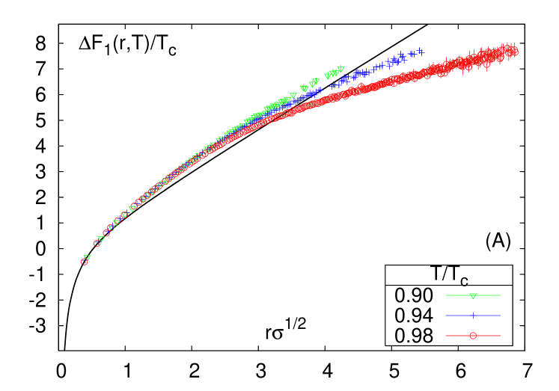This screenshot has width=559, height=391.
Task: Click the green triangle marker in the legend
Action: coord(473,296)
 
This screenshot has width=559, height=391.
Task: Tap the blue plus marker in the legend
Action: coord(473,315)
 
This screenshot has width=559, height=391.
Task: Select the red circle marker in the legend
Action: coord(473,336)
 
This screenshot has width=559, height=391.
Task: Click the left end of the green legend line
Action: coord(446,295)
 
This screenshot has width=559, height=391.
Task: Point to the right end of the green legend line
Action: coord(500,295)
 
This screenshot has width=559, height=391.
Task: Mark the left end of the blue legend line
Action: coord(446,315)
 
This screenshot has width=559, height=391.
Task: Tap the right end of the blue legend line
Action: coord(500,315)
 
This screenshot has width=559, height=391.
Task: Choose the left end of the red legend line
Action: coord(446,336)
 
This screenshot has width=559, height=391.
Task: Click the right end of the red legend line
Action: coord(500,336)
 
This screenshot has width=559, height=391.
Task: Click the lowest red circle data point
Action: coord(85,262)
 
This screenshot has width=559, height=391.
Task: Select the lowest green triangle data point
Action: coord(88,257)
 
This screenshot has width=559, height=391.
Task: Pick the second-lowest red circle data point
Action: coord(97,244)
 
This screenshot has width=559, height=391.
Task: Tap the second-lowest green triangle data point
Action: coord(101,239)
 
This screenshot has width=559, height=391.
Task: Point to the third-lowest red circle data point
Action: coord(106,233)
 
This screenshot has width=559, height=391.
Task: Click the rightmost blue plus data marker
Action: coord(421,52)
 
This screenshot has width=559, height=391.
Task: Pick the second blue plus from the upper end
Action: coord(411,54)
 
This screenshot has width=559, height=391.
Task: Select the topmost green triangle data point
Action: coord(341,69)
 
